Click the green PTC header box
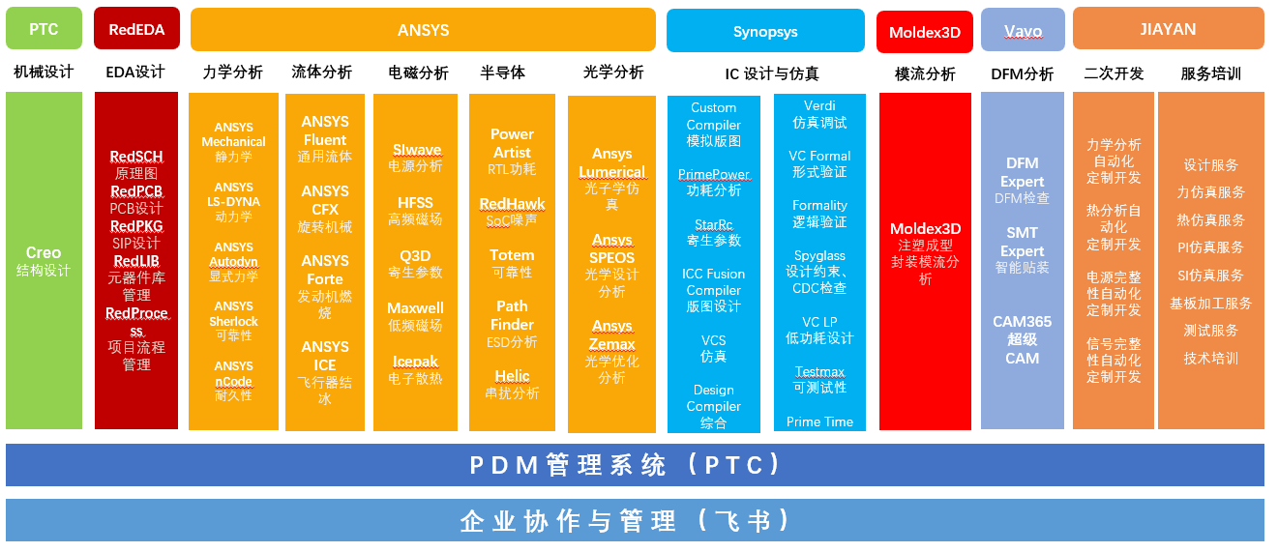44,28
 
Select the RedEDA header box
137,28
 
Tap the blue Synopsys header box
765,31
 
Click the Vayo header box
1023,30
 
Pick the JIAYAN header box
1168,28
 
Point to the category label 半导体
502,73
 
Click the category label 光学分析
612,73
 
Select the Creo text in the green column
44,252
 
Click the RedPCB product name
136,191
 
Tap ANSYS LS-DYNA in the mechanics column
233,194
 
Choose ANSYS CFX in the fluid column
325,200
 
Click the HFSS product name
415,203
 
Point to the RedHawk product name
512,204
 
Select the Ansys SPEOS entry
611,248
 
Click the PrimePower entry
714,174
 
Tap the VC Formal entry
819,156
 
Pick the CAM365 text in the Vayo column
1022,322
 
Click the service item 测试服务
1210,331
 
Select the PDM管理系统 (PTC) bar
635,465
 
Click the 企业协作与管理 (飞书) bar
635,520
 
